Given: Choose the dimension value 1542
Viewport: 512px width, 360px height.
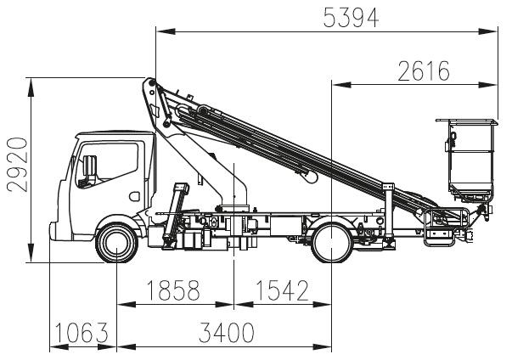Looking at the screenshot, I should coord(281,290).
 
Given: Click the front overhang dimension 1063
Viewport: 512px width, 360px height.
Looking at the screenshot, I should coord(81,334).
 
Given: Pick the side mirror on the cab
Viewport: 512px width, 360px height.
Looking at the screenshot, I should coord(82,170).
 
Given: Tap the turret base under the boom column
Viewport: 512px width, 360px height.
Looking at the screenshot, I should coord(233,209).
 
